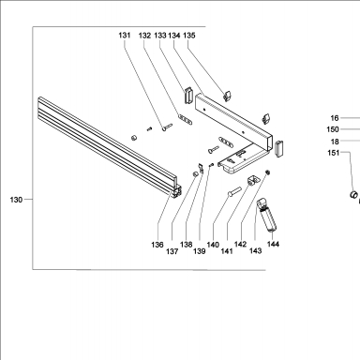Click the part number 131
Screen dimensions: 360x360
(125, 36)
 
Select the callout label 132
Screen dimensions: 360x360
(144, 36)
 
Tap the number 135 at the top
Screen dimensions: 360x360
(189, 36)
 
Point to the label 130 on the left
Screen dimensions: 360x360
(16, 200)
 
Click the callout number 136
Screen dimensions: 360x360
(157, 245)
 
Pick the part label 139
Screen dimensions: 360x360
(200, 251)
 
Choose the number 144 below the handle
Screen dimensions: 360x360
(273, 244)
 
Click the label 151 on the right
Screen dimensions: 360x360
(333, 153)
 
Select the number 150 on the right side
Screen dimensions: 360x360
(333, 129)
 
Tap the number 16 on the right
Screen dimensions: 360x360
(335, 118)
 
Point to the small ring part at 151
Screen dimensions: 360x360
(353, 194)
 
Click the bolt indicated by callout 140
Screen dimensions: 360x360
(234, 191)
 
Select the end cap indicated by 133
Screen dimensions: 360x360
(188, 95)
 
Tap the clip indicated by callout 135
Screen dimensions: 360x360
(227, 96)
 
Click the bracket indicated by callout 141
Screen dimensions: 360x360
(253, 180)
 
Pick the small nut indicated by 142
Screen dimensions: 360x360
(268, 172)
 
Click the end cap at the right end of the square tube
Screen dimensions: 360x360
(279, 148)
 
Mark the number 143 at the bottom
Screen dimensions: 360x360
(255, 250)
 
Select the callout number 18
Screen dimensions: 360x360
(335, 142)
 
